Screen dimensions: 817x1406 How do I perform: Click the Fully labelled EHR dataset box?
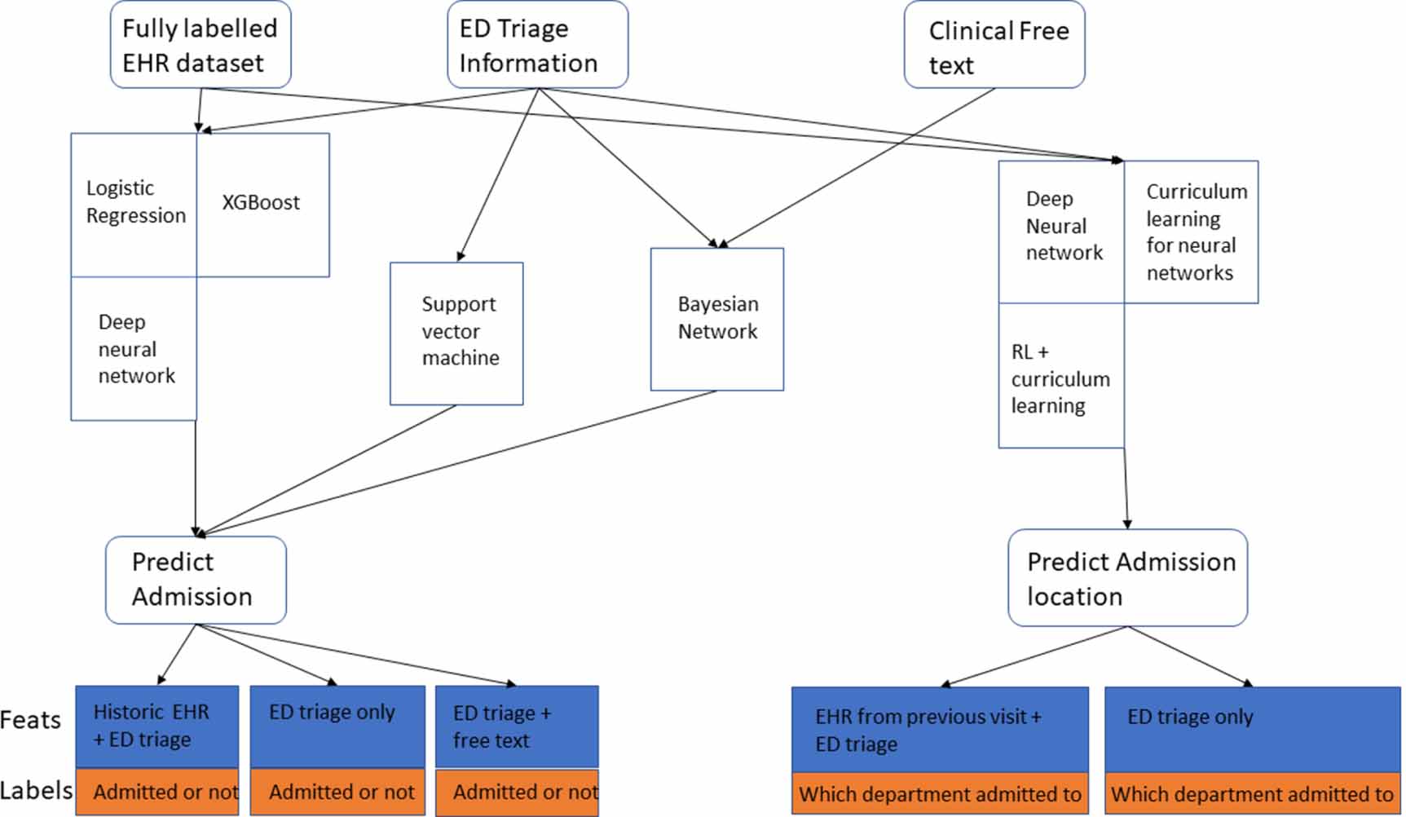(x=201, y=45)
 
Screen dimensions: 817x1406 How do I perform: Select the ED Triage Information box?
(x=537, y=45)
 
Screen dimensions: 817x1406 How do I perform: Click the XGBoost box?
(x=262, y=204)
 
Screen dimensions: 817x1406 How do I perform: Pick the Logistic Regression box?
(x=134, y=204)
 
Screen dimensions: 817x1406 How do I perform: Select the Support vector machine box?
(x=456, y=333)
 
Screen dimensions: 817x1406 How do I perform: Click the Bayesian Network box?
(x=716, y=319)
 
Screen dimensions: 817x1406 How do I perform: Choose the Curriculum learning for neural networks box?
(x=1191, y=232)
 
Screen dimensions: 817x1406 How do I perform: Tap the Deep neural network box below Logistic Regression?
(x=134, y=349)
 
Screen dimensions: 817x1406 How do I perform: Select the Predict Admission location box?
(x=1127, y=578)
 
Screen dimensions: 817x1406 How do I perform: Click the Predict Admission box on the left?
(x=196, y=580)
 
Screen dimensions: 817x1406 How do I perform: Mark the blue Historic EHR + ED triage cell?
(x=157, y=726)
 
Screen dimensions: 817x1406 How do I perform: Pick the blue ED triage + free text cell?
(x=517, y=726)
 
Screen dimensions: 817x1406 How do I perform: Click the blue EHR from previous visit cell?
(x=939, y=729)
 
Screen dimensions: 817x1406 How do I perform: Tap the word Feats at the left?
(x=31, y=721)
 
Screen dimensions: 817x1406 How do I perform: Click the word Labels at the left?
(x=36, y=790)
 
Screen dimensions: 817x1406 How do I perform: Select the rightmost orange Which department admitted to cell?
(x=1252, y=794)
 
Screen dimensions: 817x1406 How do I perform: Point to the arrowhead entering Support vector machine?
(x=461, y=257)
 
